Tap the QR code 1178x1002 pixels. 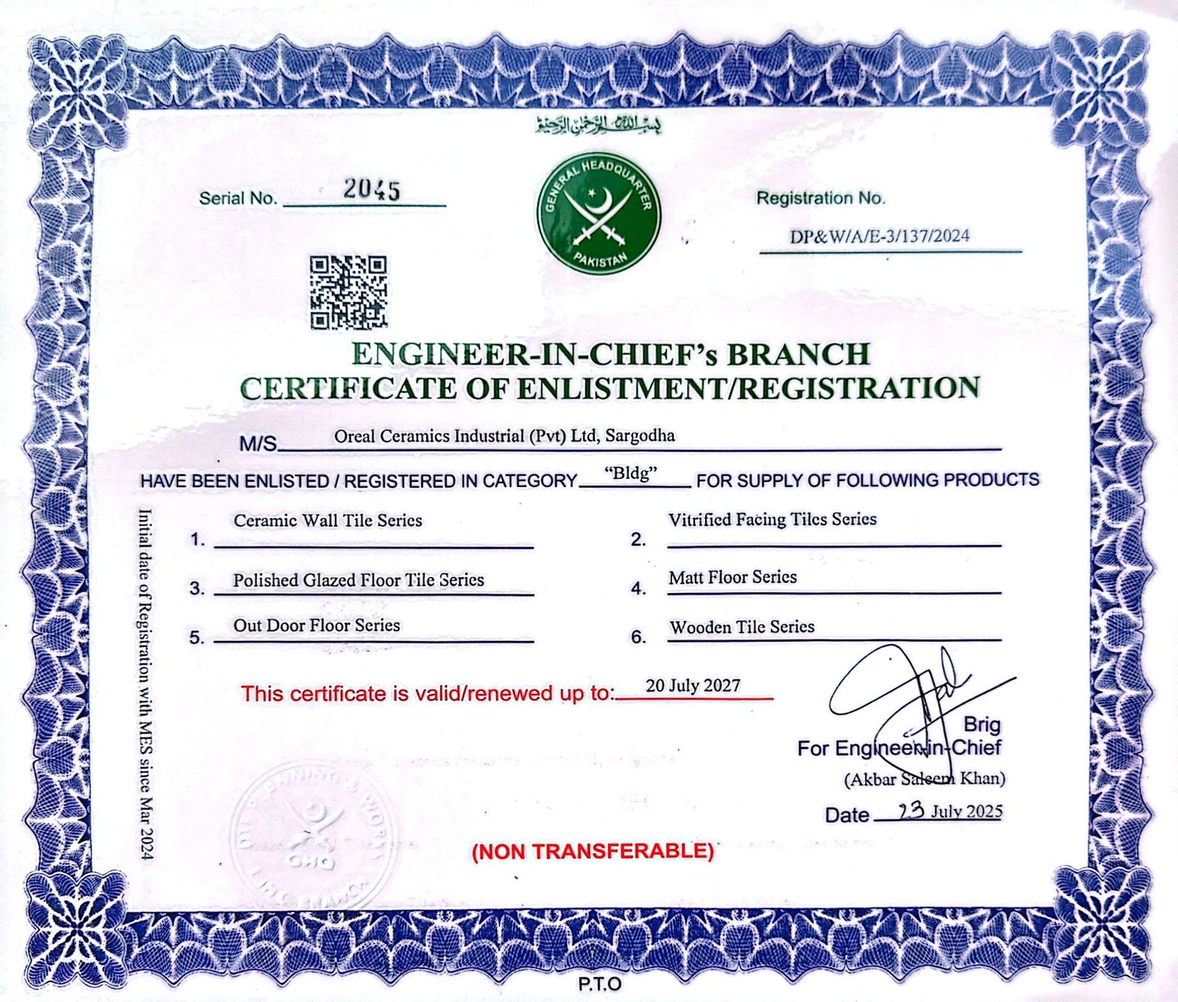(348, 292)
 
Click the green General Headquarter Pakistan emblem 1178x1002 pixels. (599, 214)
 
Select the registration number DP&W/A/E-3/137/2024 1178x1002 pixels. (880, 237)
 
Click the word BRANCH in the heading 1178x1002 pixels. (799, 354)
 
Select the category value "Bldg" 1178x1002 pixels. (630, 473)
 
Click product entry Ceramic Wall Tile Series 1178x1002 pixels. (328, 520)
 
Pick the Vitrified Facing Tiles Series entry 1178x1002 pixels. (772, 519)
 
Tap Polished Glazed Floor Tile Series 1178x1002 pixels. (359, 580)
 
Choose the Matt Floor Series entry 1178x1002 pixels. (733, 577)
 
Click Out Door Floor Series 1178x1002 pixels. (317, 626)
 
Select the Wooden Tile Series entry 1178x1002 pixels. (741, 627)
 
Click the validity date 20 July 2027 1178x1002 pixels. (693, 686)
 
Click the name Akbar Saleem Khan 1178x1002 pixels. (925, 779)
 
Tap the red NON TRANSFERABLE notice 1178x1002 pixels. (593, 852)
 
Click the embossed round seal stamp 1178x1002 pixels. (313, 836)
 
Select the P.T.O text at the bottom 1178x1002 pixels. (599, 984)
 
